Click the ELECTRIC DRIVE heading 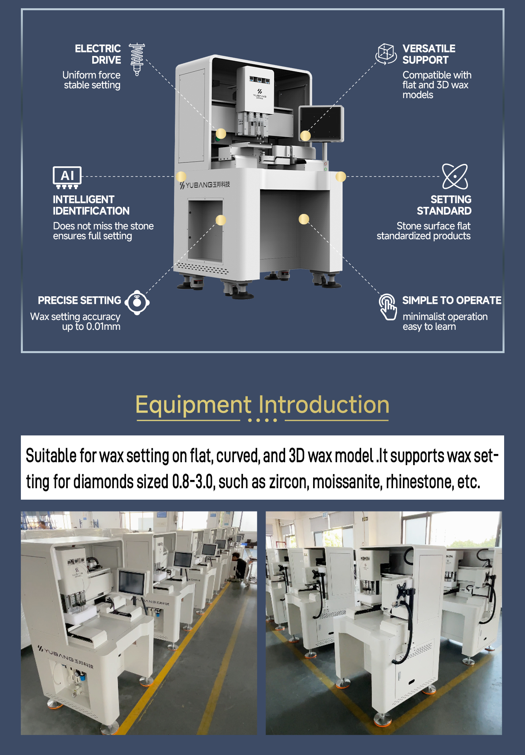click(98, 54)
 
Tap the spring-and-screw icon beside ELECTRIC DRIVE click(137, 59)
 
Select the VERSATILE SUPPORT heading click(429, 54)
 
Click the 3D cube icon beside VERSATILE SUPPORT click(386, 54)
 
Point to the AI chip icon click(67, 177)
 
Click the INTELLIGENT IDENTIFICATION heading click(91, 205)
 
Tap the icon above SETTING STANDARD click(455, 177)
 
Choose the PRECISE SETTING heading click(80, 300)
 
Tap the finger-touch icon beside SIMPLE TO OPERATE click(388, 307)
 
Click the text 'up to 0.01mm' click(91, 327)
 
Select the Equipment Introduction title click(262, 405)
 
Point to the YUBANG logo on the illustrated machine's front click(205, 185)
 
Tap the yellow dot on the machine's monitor click(305, 136)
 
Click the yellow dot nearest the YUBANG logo click(181, 176)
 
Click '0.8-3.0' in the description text click(193, 482)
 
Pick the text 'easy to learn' click(429, 327)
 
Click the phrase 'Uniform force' click(91, 75)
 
